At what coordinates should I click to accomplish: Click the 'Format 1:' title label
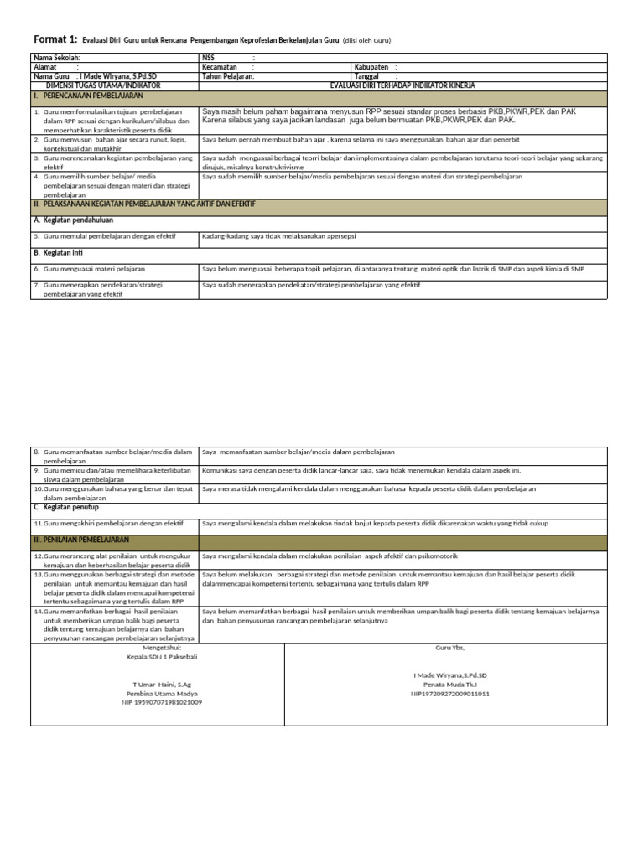tap(55, 39)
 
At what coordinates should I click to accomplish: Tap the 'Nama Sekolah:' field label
tap(57, 58)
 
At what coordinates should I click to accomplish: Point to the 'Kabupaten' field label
tap(371, 67)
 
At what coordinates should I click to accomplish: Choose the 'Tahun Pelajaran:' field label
tap(228, 76)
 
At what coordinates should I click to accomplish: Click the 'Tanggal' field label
tap(367, 76)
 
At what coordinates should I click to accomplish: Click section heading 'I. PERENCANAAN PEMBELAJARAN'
tap(88, 96)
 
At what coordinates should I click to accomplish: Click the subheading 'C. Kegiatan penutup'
tap(66, 507)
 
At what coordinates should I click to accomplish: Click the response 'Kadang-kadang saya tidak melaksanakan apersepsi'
tap(279, 236)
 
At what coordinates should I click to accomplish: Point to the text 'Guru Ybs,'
tap(449, 649)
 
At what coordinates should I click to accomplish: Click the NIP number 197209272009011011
tap(450, 694)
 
